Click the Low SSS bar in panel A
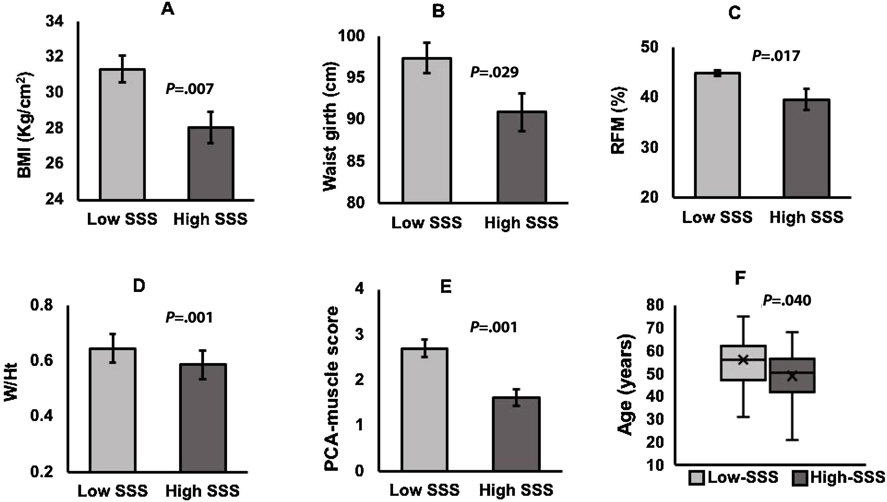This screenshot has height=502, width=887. pos(122,134)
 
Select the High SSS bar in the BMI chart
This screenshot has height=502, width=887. pos(211,164)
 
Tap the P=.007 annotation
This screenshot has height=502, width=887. pos(190,89)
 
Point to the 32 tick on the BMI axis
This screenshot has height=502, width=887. pos(55,57)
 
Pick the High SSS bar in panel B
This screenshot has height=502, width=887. pos(522,157)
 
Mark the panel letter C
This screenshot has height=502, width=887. pos(734,13)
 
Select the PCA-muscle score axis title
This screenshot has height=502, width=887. pos(332,389)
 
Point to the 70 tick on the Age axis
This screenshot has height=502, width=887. pos(656,328)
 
